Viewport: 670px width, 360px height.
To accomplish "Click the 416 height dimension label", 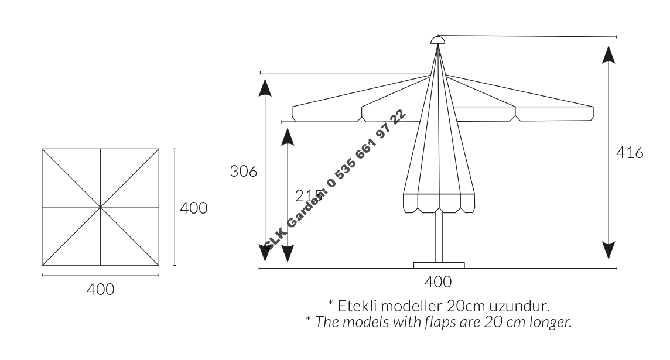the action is coord(630,152).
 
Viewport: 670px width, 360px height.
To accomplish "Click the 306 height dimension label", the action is coord(244,172).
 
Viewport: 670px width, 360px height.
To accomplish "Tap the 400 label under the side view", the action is coord(438,282).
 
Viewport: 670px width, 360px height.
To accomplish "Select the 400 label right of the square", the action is coord(194,208).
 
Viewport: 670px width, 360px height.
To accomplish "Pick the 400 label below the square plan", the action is coord(100,290).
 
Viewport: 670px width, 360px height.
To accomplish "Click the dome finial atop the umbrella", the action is coord(437,40).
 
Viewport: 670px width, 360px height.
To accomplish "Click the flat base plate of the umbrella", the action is coord(439,265).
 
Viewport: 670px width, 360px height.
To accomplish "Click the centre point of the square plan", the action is coord(100,207).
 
